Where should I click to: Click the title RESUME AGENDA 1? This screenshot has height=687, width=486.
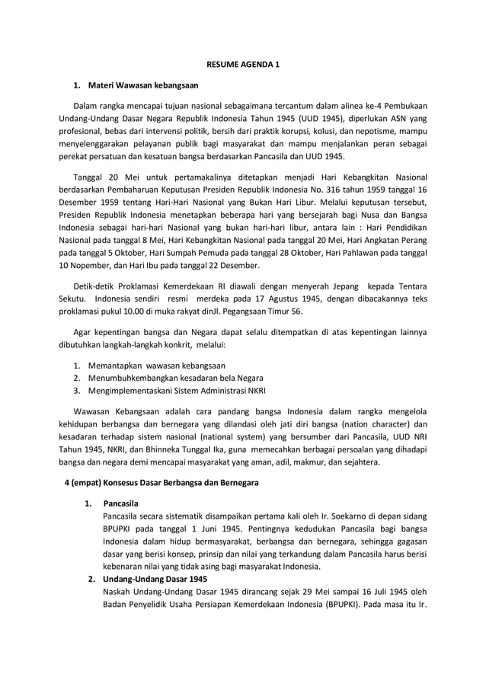pyautogui.click(x=243, y=65)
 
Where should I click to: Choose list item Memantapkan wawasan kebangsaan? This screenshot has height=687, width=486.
pyautogui.click(x=156, y=365)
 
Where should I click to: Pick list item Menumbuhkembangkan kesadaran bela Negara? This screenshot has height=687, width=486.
pyautogui.click(x=176, y=378)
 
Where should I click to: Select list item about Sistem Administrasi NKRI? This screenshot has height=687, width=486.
pyautogui.click(x=177, y=391)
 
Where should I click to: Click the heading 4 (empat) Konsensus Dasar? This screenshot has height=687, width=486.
pyautogui.click(x=161, y=483)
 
